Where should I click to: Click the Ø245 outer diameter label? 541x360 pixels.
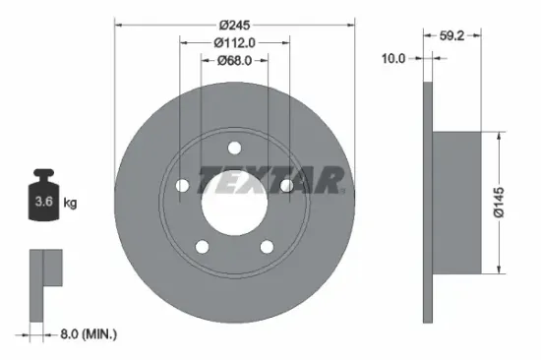coord(233,23)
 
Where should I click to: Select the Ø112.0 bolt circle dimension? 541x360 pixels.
coord(233,41)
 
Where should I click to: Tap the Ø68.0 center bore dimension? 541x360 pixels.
coord(233,60)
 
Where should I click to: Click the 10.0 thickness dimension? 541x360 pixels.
coord(393,59)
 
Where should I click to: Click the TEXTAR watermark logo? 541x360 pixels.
coord(270,180)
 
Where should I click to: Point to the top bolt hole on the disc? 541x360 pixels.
coord(234,149)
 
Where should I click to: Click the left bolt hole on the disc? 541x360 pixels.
coord(183,185)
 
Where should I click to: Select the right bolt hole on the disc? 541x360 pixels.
coord(285,185)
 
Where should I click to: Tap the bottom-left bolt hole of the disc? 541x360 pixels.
coord(202,246)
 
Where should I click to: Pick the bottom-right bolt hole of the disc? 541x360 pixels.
coord(266,246)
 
